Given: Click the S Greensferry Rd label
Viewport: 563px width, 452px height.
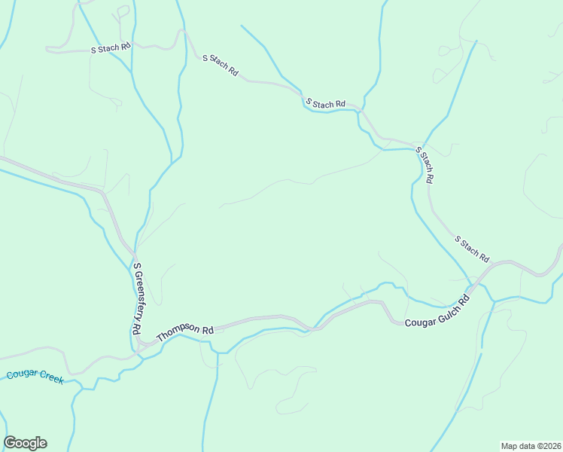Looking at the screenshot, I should (137, 298).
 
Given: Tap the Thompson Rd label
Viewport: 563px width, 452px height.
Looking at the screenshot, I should (185, 331).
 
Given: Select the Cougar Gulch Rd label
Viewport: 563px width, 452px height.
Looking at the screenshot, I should (437, 310).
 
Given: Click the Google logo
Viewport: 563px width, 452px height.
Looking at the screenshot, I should (25, 443).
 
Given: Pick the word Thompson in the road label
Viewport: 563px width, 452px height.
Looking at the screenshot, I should (178, 332).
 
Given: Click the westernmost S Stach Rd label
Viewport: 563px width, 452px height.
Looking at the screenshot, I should (111, 47).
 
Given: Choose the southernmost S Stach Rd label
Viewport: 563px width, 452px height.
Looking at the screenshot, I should (472, 248).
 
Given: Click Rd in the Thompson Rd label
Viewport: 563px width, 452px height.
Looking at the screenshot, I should (207, 328).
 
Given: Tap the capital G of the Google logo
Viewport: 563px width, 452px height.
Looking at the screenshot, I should (11, 443).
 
